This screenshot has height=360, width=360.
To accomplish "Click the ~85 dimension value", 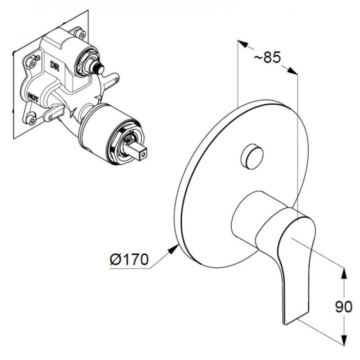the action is tap(267, 57).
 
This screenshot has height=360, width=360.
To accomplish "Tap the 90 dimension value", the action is tap(343, 306).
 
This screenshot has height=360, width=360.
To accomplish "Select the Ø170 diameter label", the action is tap(129, 260).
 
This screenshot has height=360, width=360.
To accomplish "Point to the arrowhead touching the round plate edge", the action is tap(174, 249).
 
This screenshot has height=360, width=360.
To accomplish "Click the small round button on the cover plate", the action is tap(252, 156).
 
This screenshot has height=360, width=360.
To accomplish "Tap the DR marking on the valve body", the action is tap(55, 66).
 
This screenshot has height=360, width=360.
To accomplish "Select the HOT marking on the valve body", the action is tap(33, 97).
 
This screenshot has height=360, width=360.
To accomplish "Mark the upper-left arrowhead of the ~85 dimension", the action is tap(243, 44).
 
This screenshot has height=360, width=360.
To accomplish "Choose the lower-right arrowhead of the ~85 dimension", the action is tap(292, 71).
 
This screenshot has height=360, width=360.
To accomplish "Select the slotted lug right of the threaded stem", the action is tap(111, 81).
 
